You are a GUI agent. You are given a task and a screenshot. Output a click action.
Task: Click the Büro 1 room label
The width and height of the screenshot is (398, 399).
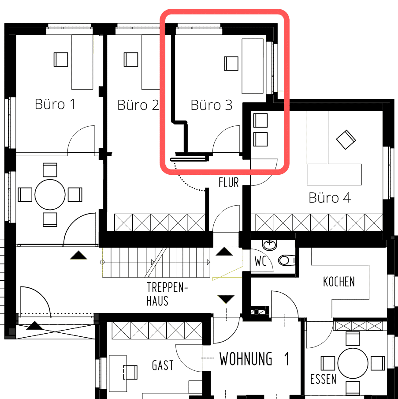(55, 104)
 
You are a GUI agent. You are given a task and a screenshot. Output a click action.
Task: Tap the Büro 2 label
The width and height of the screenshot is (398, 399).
(138, 105)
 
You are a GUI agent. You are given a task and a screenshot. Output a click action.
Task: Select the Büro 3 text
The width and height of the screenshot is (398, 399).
(212, 105)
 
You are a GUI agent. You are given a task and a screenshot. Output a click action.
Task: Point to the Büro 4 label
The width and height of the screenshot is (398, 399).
(330, 197)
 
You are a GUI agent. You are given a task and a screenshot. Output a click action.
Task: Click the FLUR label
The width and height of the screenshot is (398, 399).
(229, 182)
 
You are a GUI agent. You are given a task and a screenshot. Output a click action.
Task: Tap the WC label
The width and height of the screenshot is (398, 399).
(260, 261)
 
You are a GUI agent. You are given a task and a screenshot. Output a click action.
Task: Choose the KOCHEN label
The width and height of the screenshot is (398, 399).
(339, 282)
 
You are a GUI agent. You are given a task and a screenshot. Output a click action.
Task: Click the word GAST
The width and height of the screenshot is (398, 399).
(163, 365)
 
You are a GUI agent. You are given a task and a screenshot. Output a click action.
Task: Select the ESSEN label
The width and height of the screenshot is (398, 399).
(323, 379)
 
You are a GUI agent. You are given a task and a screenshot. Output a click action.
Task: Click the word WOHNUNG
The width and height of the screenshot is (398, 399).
(246, 359)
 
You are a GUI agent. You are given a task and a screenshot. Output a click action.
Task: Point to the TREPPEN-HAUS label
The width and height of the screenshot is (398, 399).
(167, 294)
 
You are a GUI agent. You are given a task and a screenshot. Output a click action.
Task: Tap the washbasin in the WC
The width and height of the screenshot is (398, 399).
(270, 245)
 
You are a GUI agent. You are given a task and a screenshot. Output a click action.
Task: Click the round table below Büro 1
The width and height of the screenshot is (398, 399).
(50, 195)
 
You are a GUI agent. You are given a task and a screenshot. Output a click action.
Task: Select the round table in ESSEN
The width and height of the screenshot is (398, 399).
(353, 363)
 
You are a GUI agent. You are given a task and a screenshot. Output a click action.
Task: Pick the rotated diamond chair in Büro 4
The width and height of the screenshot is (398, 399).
(346, 139)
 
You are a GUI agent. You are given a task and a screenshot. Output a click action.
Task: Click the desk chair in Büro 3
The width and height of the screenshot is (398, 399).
(231, 64)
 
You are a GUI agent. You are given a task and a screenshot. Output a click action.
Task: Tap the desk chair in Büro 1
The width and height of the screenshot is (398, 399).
(61, 59)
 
